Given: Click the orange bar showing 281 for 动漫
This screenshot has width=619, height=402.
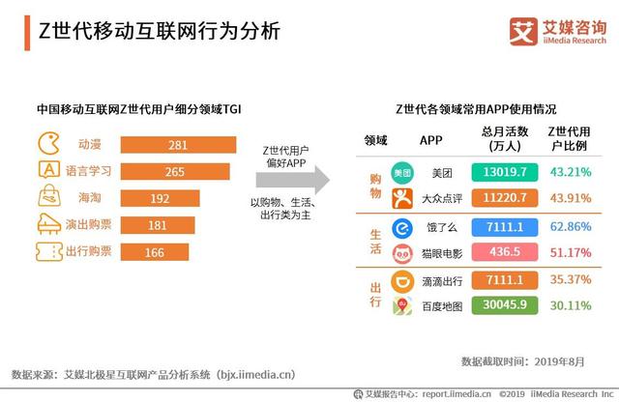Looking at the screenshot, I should [x=178, y=145].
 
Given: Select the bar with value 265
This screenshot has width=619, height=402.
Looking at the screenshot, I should [x=175, y=172].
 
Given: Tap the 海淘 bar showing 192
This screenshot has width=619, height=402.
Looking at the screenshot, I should [x=159, y=199].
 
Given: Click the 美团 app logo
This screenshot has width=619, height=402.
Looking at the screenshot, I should [x=400, y=173].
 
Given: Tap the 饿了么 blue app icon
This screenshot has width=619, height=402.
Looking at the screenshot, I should [x=400, y=228].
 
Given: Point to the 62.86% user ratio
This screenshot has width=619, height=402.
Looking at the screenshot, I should [x=570, y=227].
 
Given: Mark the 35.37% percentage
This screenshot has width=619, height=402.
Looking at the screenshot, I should [x=570, y=280].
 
